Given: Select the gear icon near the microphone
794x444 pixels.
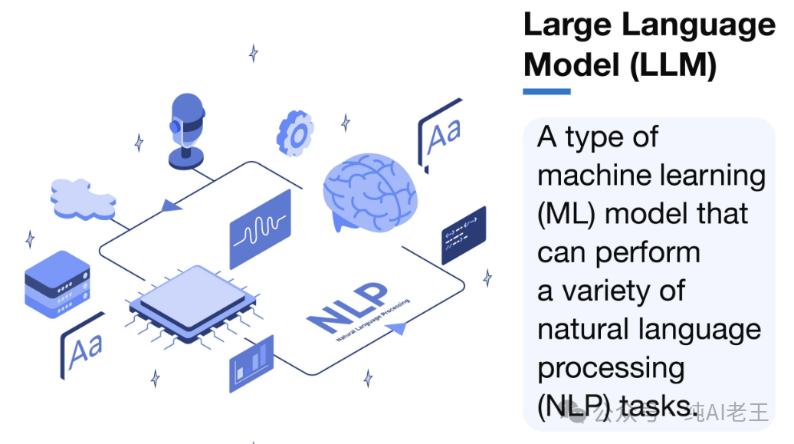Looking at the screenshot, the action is point(296,133).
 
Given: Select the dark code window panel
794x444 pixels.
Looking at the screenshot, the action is point(464,235).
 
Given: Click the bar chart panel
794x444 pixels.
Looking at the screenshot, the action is point(251,363).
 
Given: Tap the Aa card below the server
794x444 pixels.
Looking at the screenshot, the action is point(83,348).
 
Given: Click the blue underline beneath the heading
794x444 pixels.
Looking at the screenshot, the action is point(546,91).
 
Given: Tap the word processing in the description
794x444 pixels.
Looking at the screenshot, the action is point(611,368).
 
